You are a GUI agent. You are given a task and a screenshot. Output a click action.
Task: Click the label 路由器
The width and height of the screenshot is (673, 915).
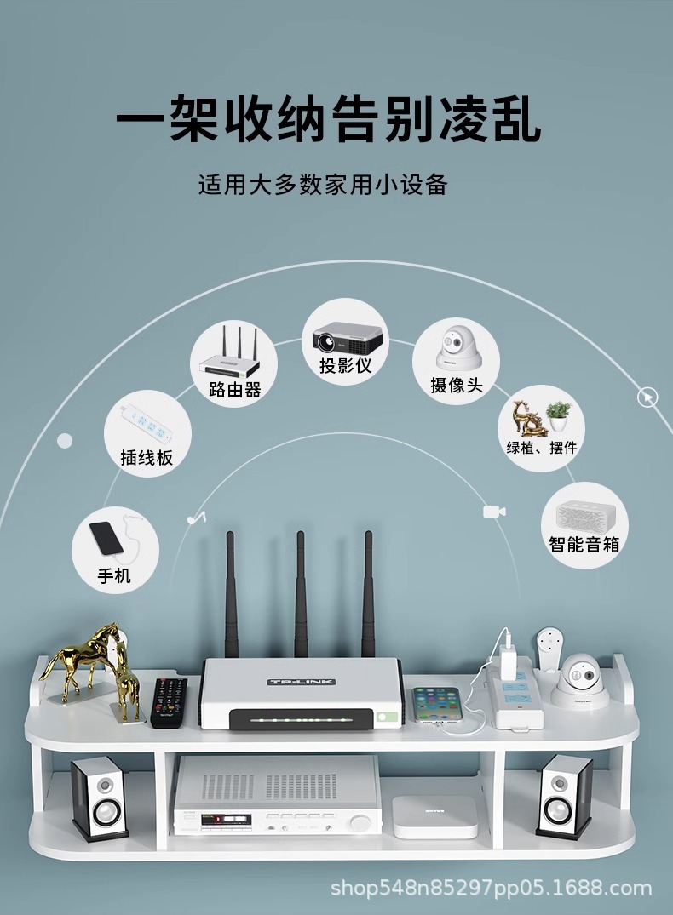[234, 390]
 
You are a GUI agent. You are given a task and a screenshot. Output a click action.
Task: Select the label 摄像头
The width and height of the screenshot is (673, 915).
[456, 386]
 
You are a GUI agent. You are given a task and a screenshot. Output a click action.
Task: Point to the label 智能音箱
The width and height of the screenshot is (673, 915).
[584, 544]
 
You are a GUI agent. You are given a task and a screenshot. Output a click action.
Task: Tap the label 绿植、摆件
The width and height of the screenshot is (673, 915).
[542, 447]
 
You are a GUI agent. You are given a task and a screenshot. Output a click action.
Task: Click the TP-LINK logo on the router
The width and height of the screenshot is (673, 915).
[302, 682]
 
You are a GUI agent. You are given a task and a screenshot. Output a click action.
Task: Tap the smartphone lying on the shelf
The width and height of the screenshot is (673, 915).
[438, 705]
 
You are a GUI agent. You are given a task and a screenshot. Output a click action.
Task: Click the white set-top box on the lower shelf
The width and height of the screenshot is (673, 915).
[434, 816]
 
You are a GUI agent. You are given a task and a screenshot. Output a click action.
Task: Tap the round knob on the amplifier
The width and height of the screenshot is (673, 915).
[361, 823]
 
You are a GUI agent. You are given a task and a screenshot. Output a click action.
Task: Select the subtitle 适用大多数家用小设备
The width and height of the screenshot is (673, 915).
[323, 185]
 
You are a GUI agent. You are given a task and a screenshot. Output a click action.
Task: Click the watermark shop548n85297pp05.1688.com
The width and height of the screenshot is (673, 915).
[491, 889]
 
